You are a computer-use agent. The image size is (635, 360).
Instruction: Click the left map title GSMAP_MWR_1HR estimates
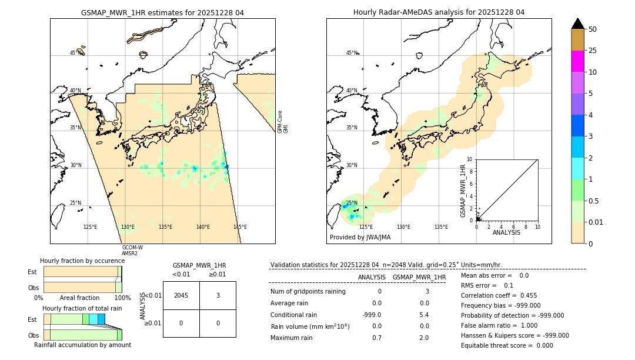(162, 12)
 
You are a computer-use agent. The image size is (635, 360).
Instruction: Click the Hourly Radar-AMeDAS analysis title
(439, 12)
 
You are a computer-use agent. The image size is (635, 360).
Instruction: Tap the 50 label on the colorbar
(593, 29)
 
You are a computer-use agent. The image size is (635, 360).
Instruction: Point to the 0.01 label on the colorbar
(597, 222)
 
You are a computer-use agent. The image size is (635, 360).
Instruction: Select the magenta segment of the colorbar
(578, 61)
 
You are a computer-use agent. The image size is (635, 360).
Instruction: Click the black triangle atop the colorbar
(578, 24)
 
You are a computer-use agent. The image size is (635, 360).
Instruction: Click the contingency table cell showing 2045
(181, 295)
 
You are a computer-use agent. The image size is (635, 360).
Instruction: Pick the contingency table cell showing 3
(218, 295)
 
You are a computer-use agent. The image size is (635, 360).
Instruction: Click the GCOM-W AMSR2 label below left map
(132, 251)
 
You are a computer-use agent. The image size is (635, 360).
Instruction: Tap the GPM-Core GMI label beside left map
(282, 122)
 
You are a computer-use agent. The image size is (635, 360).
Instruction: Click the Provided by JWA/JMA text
(360, 238)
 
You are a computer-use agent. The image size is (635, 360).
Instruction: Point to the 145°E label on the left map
(240, 227)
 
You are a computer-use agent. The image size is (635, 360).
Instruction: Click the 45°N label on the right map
(352, 53)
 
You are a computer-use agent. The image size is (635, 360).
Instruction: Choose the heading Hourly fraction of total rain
(82, 308)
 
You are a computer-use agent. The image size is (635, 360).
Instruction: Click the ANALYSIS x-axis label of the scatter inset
(507, 232)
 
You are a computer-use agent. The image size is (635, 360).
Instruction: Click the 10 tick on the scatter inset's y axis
(469, 159)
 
